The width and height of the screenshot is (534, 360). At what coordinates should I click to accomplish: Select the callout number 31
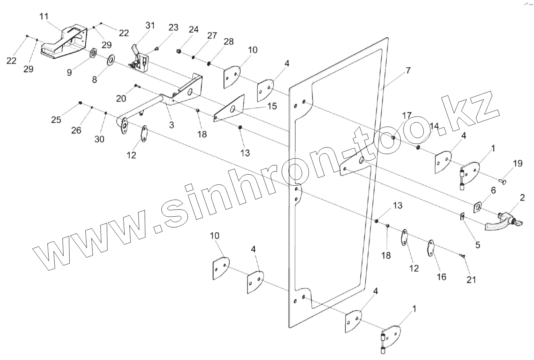pyautogui.click(x=150, y=26)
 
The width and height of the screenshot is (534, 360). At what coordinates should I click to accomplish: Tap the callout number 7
pyautogui.click(x=408, y=71)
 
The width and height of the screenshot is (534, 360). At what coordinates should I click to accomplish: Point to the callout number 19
pyautogui.click(x=517, y=164)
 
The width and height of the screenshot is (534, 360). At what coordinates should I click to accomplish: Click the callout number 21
pyautogui.click(x=471, y=280)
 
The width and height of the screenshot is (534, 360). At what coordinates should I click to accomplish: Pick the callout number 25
pyautogui.click(x=56, y=120)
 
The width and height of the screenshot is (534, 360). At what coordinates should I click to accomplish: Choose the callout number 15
pyautogui.click(x=272, y=106)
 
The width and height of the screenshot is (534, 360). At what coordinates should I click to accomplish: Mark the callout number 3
pyautogui.click(x=171, y=125)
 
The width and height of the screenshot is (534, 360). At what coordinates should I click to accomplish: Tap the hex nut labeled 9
pyautogui.click(x=93, y=53)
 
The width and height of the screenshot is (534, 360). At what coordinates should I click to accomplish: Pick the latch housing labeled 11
pyautogui.click(x=65, y=42)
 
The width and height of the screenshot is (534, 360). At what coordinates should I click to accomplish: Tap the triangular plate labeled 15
pyautogui.click(x=230, y=109)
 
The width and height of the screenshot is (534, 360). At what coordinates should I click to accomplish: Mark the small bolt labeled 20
pyautogui.click(x=137, y=86)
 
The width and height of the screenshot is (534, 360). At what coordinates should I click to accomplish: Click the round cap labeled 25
pyautogui.click(x=80, y=103)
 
